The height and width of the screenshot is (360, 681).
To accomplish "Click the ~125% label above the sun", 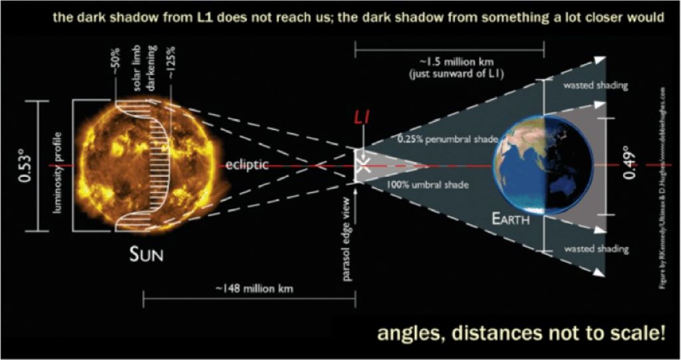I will tap(172, 67).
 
